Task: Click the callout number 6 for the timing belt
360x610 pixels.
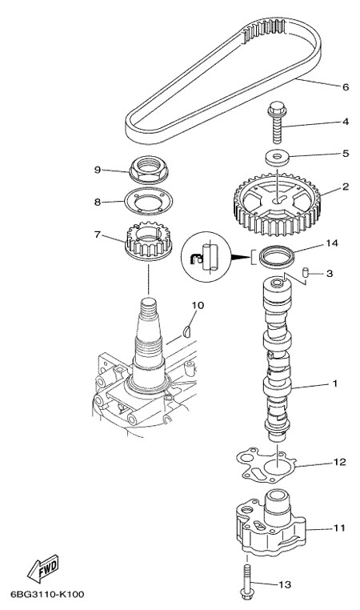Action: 346,86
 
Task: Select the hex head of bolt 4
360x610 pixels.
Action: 277,109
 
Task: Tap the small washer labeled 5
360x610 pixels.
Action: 278,158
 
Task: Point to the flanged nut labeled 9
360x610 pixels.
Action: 148,169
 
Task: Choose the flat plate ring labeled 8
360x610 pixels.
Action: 148,201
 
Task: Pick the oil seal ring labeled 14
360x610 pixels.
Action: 277,257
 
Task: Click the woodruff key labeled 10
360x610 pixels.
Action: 187,332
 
